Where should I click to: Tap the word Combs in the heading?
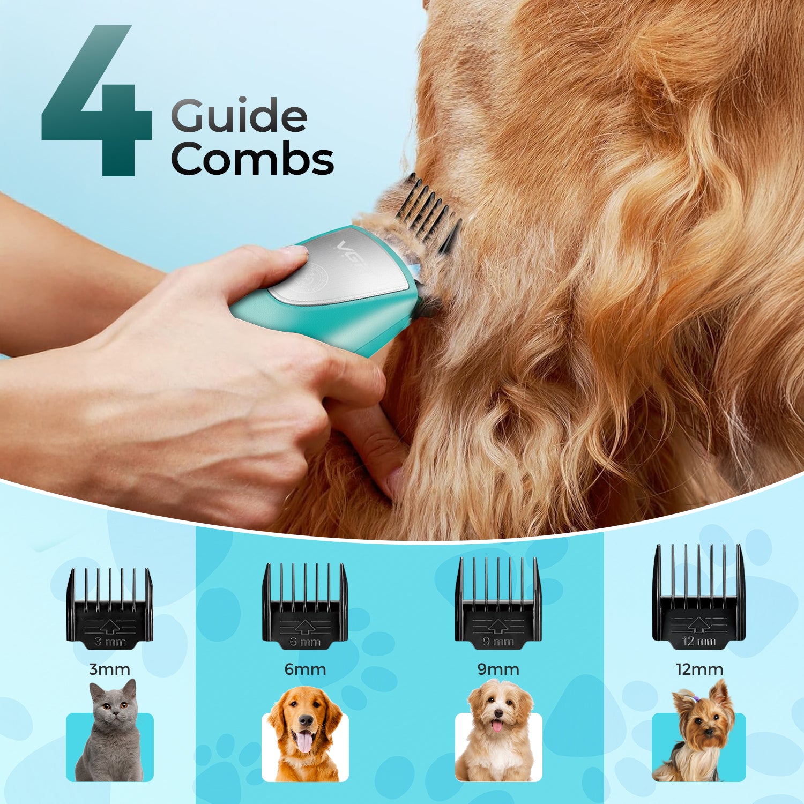tap(252, 159)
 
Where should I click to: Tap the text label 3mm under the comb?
tap(109, 669)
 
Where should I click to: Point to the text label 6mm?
tap(305, 669)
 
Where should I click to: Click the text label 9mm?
tap(498, 669)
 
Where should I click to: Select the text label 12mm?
tap(699, 669)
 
